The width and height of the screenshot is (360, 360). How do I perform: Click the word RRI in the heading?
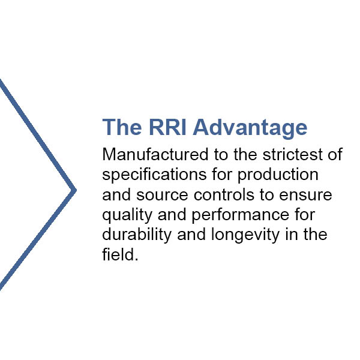[x=167, y=127]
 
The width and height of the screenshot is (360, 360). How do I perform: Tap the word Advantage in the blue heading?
[x=250, y=128]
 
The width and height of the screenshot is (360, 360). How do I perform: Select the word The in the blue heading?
[x=122, y=127]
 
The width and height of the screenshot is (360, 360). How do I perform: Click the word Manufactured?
[x=155, y=154]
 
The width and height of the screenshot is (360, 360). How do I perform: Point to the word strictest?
[x=293, y=154]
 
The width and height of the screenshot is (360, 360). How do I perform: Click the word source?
[x=163, y=195]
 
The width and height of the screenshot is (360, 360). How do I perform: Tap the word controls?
[x=224, y=194]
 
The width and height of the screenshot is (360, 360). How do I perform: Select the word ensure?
[x=305, y=195]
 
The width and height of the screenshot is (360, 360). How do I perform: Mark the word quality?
[x=127, y=215]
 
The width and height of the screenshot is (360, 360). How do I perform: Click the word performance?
[x=241, y=215]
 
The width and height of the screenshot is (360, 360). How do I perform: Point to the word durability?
[x=137, y=235]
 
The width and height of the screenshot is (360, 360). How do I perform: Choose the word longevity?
[x=245, y=235]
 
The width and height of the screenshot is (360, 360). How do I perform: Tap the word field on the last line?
[x=118, y=254]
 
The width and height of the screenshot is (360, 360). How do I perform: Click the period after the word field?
[x=137, y=259]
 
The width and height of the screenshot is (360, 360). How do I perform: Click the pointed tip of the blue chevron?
[x=76, y=190]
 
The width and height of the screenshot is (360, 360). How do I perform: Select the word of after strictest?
[x=335, y=154]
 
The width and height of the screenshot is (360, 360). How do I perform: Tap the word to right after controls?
[x=267, y=194]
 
